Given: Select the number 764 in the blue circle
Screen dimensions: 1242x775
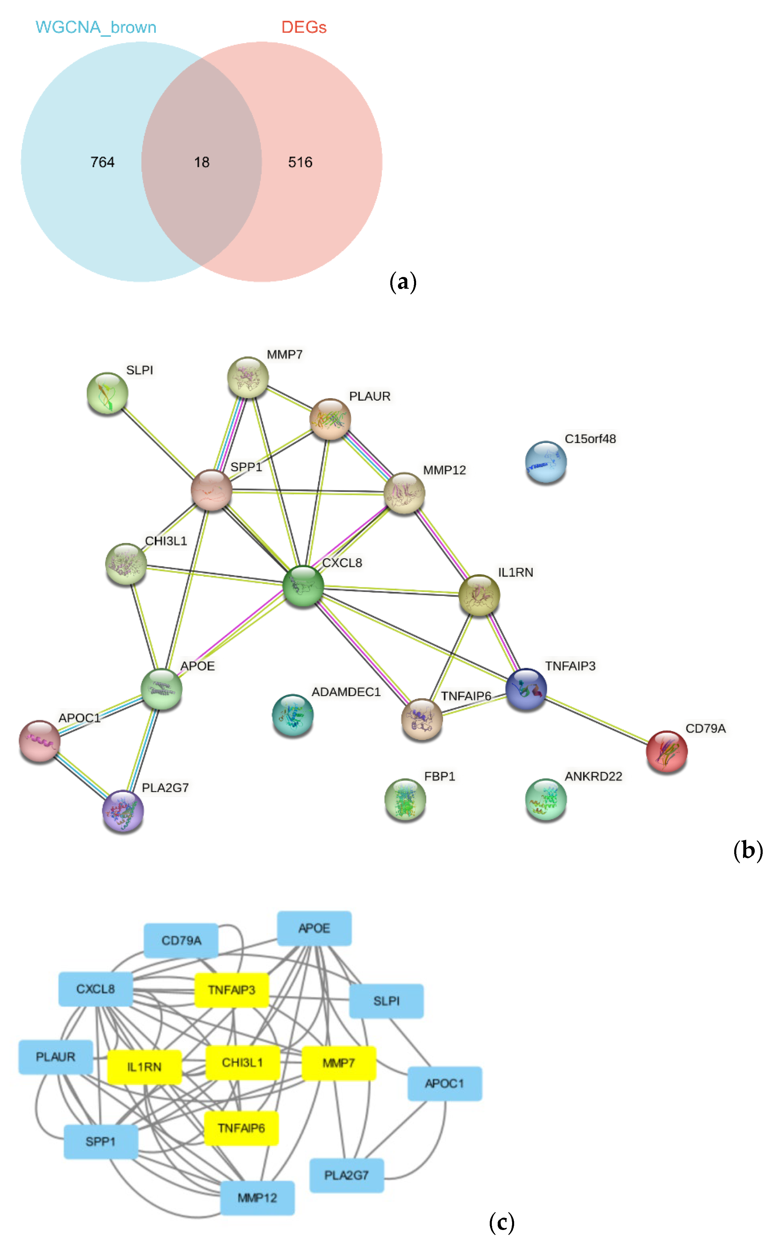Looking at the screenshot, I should pyautogui.click(x=102, y=163).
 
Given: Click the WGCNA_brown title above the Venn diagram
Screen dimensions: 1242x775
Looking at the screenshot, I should pyautogui.click(x=96, y=27).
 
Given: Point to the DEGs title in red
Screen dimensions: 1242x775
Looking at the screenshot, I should pyautogui.click(x=304, y=27).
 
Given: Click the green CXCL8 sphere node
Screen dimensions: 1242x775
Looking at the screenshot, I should pyautogui.click(x=303, y=586).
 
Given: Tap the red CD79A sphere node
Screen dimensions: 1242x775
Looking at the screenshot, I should pyautogui.click(x=666, y=751).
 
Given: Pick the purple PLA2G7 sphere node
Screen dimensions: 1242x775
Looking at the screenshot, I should pyautogui.click(x=123, y=811).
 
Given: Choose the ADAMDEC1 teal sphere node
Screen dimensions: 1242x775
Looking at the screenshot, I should pyautogui.click(x=292, y=715).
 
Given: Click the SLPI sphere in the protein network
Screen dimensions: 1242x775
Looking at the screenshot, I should pyautogui.click(x=107, y=393).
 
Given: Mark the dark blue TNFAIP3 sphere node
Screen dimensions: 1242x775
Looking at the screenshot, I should pyautogui.click(x=526, y=689).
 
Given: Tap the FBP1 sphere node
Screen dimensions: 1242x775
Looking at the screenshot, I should pyautogui.click(x=405, y=799).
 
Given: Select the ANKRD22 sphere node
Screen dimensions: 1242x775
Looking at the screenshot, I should pyautogui.click(x=546, y=799).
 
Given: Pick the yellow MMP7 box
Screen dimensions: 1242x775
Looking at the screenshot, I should pyautogui.click(x=339, y=1063).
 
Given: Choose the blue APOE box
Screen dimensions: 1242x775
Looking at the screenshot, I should pyautogui.click(x=314, y=928).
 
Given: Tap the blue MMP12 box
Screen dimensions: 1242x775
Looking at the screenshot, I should pyautogui.click(x=257, y=1198).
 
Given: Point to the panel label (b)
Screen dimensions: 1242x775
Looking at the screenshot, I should pyautogui.click(x=748, y=851).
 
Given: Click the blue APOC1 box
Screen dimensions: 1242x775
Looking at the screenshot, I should pyautogui.click(x=444, y=1084).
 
